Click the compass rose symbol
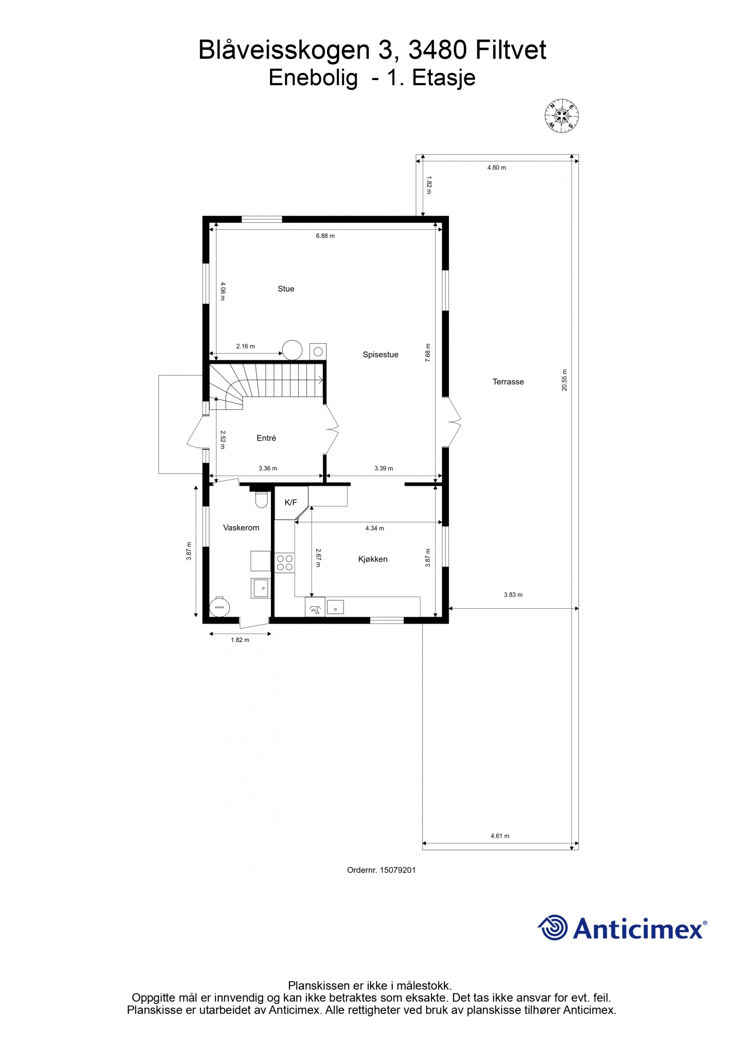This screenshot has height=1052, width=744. [x=561, y=116]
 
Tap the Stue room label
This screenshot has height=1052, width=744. [x=286, y=289]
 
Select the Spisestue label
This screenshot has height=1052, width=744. [x=380, y=354]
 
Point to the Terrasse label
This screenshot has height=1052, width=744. [x=508, y=382]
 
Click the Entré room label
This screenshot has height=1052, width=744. [x=266, y=438]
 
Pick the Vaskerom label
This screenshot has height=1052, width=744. [x=241, y=528]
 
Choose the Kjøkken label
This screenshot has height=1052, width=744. [x=373, y=559]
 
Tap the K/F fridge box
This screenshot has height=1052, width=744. [x=291, y=502]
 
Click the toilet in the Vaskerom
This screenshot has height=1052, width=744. [x=262, y=499]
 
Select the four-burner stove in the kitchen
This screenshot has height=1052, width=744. [x=285, y=562]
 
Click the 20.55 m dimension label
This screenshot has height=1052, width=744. [x=565, y=380]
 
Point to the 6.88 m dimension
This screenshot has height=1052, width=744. [x=325, y=236]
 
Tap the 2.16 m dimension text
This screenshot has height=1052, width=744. [x=245, y=346]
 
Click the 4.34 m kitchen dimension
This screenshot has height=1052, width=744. [x=374, y=528]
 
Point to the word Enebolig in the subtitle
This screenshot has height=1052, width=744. [x=313, y=78]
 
